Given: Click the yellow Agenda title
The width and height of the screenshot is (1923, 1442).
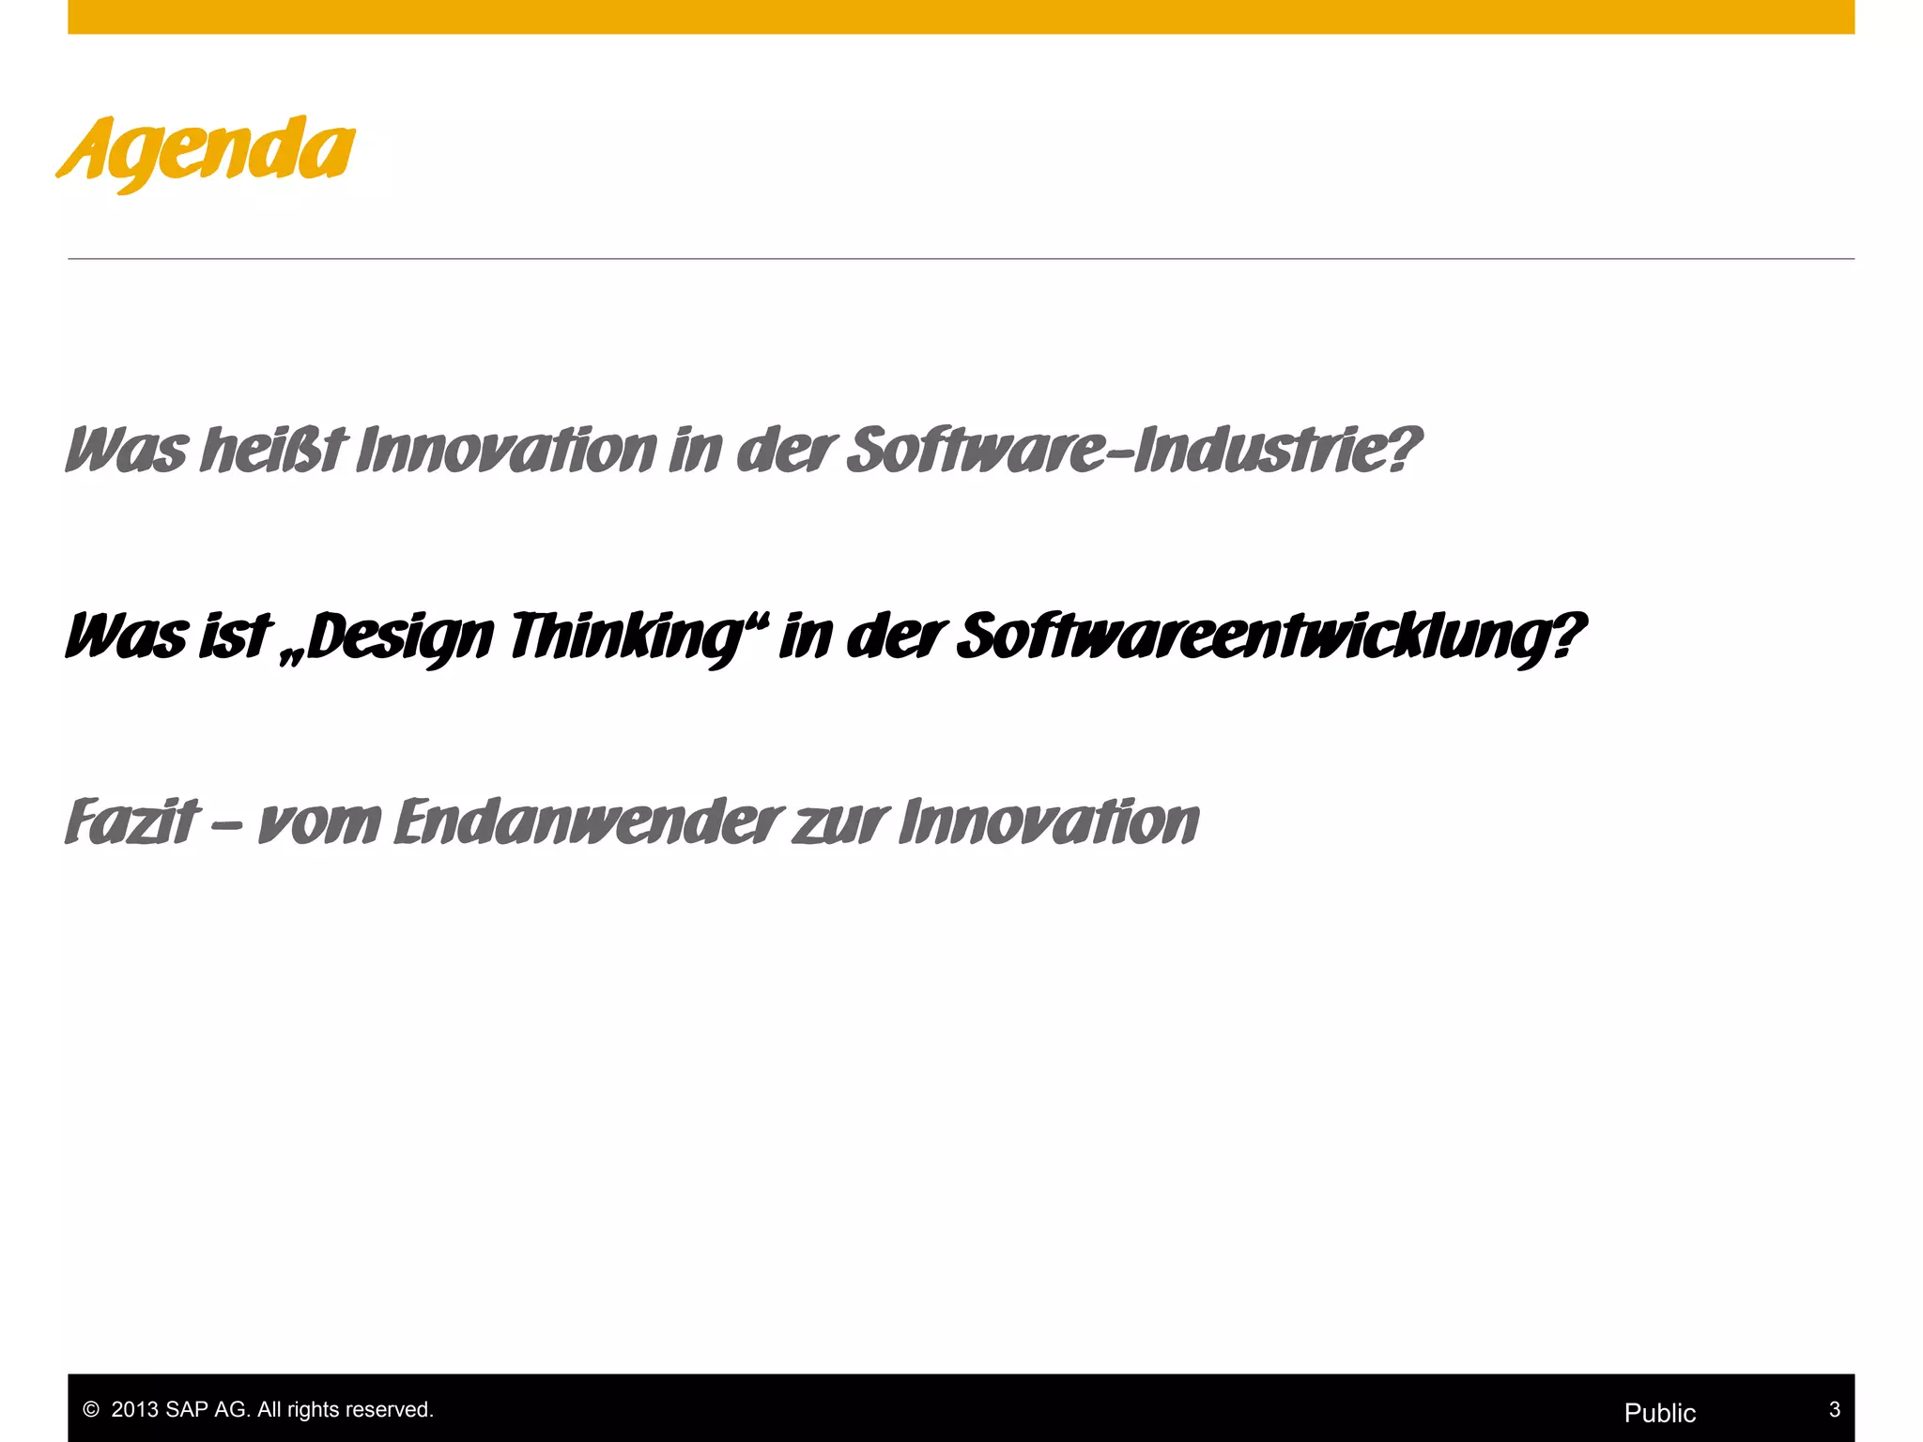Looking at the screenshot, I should [207, 150].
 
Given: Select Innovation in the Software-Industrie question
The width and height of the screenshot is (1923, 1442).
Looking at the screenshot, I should [507, 451].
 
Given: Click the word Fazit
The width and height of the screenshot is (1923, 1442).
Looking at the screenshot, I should [132, 822].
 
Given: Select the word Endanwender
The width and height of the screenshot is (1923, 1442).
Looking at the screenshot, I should [588, 822].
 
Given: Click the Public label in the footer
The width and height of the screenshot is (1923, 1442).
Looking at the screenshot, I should [1660, 1413].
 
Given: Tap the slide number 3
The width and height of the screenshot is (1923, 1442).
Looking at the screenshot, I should [1835, 1409].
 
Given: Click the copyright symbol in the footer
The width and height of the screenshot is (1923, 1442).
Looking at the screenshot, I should [91, 1410].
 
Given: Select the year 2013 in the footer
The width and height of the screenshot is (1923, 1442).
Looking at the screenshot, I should [135, 1410].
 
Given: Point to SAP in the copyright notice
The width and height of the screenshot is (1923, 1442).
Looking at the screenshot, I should [187, 1410].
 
